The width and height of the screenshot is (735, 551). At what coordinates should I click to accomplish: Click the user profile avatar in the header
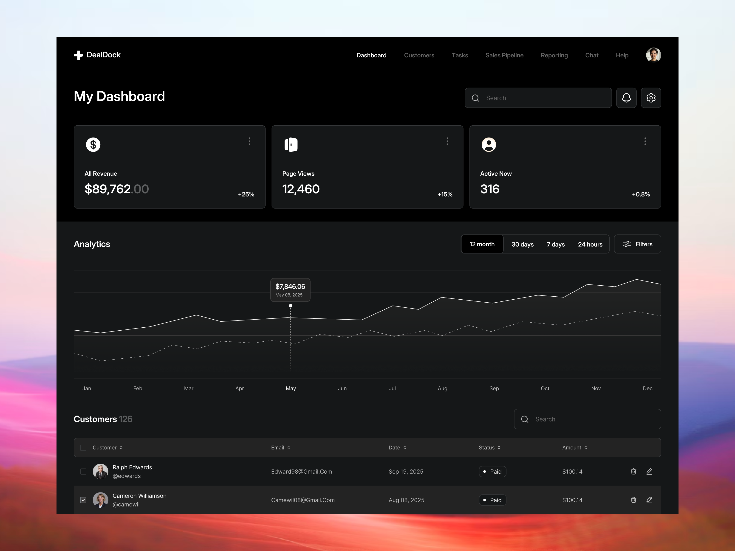click(x=653, y=55)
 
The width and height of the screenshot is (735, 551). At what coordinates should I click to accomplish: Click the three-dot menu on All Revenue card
click(x=249, y=141)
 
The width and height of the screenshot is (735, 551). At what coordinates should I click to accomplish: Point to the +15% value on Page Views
click(x=445, y=194)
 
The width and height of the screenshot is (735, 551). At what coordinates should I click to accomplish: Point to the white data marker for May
click(x=290, y=306)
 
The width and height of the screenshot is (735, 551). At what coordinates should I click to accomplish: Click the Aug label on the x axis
click(x=442, y=388)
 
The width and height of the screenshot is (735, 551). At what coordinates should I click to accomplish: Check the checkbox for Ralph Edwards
click(x=83, y=472)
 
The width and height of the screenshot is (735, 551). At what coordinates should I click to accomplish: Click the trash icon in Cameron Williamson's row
click(x=633, y=500)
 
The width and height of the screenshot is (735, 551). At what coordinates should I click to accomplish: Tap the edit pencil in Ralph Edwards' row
click(x=649, y=472)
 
